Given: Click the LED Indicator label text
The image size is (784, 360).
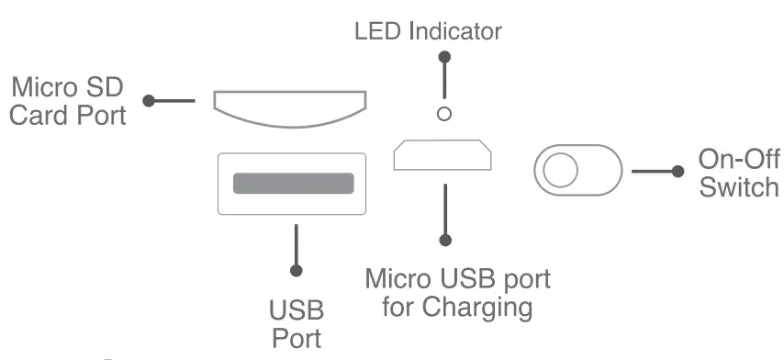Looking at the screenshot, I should pyautogui.click(x=428, y=31).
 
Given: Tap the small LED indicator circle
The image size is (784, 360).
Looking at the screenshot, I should pyautogui.click(x=445, y=114).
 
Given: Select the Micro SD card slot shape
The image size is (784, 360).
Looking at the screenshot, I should pyautogui.click(x=289, y=107).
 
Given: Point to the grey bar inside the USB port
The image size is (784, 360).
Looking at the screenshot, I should pyautogui.click(x=293, y=183).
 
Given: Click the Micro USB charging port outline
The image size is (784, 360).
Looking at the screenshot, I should pyautogui.click(x=442, y=155).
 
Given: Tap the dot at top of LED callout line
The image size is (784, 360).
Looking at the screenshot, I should pyautogui.click(x=445, y=57).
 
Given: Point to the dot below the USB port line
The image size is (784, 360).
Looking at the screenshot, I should pyautogui.click(x=296, y=271).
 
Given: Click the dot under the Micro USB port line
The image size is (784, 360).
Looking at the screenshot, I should pyautogui.click(x=446, y=241).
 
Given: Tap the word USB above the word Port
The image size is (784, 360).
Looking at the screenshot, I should pyautogui.click(x=296, y=309).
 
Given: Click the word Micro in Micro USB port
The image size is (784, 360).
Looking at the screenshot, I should pyautogui.click(x=399, y=278).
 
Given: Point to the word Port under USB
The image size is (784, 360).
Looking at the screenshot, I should pyautogui.click(x=296, y=337).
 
